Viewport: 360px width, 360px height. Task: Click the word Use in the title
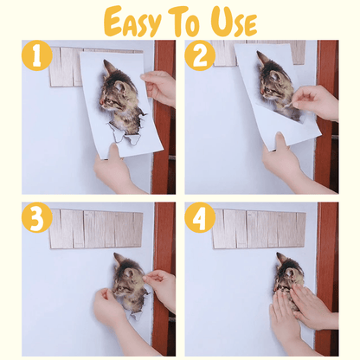pos(232,21)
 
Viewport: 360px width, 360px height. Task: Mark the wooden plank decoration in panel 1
pos(65,65)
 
